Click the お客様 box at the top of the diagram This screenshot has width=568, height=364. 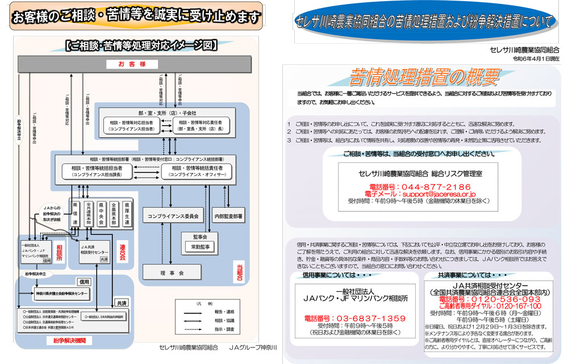(x=139, y=64)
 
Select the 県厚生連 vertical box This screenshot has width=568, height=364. (x=127, y=212)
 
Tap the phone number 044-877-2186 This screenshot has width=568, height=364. (x=420, y=186)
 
